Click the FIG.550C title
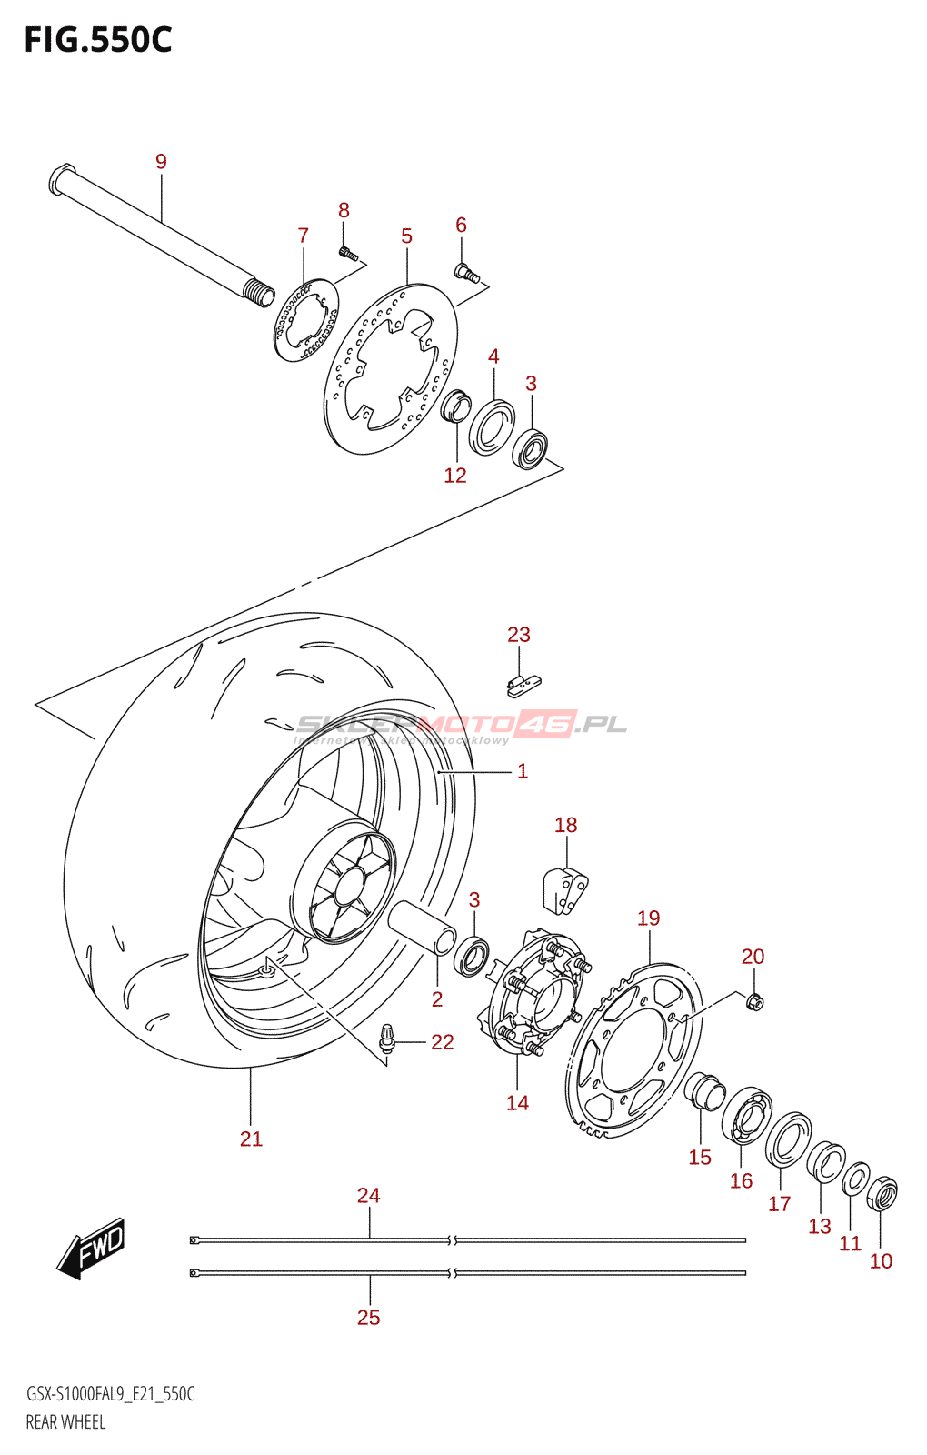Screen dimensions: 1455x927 (x=97, y=41)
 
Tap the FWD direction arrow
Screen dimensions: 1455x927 (x=92, y=1247)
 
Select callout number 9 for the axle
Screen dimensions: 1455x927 (x=161, y=162)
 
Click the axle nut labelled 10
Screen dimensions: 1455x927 (x=882, y=1193)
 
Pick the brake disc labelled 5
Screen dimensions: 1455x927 (x=391, y=368)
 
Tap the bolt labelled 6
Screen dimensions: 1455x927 (x=466, y=272)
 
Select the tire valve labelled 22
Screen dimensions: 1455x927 (x=388, y=1039)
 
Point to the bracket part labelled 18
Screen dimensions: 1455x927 (x=565, y=889)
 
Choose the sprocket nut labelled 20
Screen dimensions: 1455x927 (x=754, y=1001)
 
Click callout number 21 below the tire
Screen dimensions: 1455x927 (x=251, y=1139)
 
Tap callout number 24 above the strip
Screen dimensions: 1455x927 (x=368, y=1196)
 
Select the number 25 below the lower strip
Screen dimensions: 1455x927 (x=368, y=1317)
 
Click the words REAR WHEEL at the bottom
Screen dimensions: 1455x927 (x=65, y=1422)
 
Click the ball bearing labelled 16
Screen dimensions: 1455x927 (x=747, y=1114)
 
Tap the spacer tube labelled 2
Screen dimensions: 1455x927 (x=421, y=927)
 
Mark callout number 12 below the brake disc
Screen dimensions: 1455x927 (x=454, y=475)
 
